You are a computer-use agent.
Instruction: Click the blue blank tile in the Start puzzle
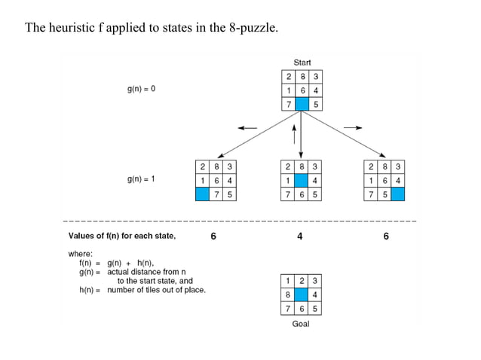click(x=302, y=103)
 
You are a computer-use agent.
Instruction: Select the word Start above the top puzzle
click(x=302, y=63)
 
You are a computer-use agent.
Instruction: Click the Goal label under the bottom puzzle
click(x=301, y=324)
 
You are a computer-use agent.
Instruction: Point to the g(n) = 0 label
click(x=141, y=89)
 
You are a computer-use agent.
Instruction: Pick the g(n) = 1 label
click(x=141, y=179)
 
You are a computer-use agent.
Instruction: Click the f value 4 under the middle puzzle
click(x=300, y=236)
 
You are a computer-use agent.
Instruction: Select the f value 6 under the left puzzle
click(x=213, y=236)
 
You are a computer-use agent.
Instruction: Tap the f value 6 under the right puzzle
click(x=386, y=236)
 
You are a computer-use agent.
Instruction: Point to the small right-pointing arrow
click(x=353, y=127)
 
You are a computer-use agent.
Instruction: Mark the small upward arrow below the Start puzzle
click(x=293, y=133)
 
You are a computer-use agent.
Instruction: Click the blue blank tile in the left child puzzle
click(x=202, y=194)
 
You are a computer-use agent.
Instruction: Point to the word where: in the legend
click(x=81, y=254)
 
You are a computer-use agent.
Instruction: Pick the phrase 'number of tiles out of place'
click(x=156, y=290)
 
